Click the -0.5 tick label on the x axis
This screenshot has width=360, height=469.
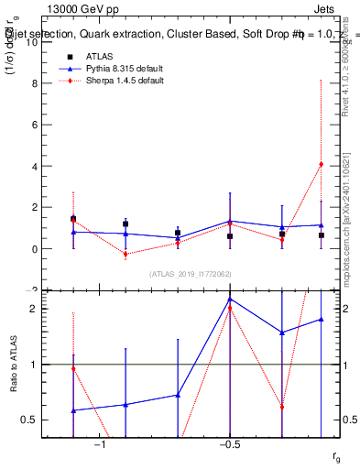pos(230,445)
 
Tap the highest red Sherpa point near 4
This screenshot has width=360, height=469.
pos(321,164)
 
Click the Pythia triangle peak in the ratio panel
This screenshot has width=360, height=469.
pos(230,299)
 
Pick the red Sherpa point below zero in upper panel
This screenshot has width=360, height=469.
pos(125,255)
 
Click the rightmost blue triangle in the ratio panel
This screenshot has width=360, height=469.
pos(321,319)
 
